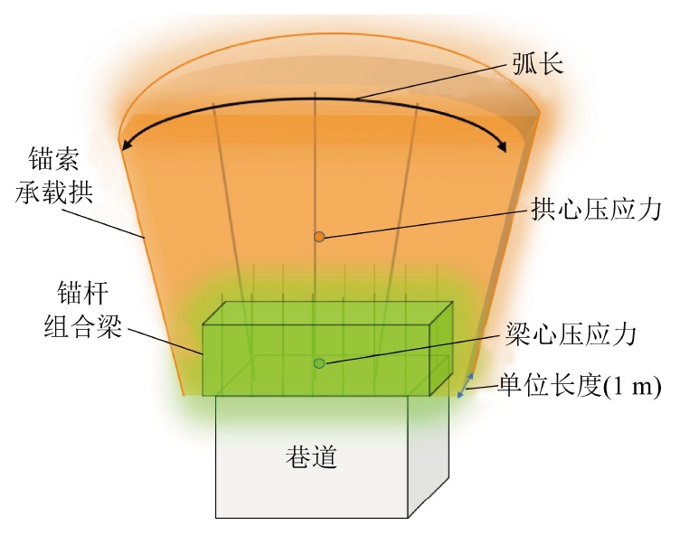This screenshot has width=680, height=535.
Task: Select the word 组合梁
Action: point(81,325)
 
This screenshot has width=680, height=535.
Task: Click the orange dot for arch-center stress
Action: point(318,237)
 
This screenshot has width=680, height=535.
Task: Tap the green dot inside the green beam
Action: point(318,363)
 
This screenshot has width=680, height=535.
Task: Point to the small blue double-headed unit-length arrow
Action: point(466,387)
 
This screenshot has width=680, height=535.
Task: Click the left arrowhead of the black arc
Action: point(126,142)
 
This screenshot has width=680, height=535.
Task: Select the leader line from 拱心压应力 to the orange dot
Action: point(416,226)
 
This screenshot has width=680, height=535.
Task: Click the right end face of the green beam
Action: point(440,348)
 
